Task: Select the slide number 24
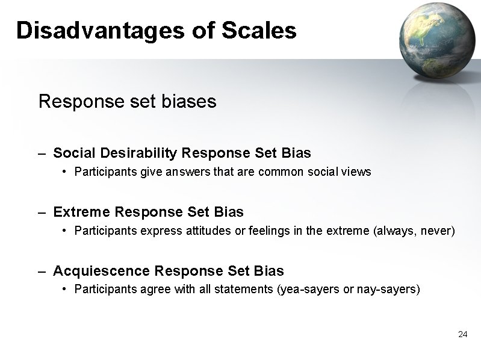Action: pyautogui.click(x=462, y=334)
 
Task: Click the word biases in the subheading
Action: pyautogui.click(x=188, y=102)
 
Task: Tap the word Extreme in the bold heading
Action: pyautogui.click(x=81, y=212)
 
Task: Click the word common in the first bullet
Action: pyautogui.click(x=277, y=172)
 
